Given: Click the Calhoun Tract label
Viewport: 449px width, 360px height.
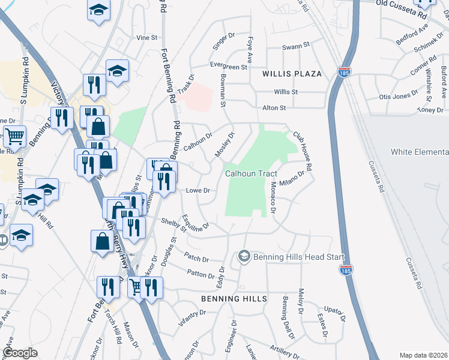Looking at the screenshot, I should tap(250, 173).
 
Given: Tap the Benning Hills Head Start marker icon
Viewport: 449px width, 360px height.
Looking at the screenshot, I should tap(244, 257).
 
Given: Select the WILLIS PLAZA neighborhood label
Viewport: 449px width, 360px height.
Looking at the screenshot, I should tap(292, 73).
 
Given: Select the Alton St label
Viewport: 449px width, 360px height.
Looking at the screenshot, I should tap(274, 107).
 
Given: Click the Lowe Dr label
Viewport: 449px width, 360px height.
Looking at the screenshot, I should tap(197, 190).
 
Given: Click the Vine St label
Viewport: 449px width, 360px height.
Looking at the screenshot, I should tap(146, 37).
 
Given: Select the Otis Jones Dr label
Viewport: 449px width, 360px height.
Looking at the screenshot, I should tap(399, 96).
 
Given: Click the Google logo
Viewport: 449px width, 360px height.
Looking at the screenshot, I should tap(20, 353).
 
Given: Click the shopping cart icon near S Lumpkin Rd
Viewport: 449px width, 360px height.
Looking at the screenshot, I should tap(14, 136).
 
